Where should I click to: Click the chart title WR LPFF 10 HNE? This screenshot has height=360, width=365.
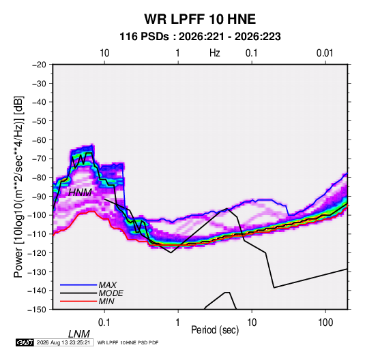coord(200,19)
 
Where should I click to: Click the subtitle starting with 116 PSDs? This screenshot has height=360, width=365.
coord(200,37)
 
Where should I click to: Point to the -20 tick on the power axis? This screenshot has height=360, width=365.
coord(39,65)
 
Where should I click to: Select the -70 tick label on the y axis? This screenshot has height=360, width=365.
coord(39,159)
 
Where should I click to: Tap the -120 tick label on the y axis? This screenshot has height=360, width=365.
coord(38,252)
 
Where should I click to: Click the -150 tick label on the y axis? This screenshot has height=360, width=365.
coord(38,310)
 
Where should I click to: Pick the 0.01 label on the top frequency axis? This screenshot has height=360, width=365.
coord(325,53)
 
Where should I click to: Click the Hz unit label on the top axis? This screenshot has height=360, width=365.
coord(215,53)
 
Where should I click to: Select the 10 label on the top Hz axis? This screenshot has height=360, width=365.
coord(104,53)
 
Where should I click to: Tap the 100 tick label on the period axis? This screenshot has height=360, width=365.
coord(325,323)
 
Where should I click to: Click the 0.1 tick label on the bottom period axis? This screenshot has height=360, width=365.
coord(104,323)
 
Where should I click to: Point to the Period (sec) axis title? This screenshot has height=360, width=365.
coord(215,330)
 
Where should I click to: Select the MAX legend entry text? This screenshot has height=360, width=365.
coord(108,285)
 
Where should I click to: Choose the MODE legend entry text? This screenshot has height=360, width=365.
coord(111,293)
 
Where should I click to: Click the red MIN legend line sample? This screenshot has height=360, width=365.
coord(78,301)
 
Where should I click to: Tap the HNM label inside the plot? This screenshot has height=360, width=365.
coord(80,193)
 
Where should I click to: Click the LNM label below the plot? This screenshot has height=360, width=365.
coord(79,334)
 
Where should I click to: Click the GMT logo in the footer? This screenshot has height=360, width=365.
coord(25,342)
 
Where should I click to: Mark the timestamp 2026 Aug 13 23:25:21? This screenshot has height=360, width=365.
coord(63,342)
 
